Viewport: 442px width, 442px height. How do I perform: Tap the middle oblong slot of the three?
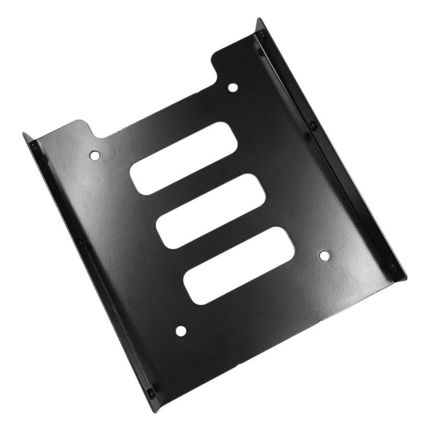212,211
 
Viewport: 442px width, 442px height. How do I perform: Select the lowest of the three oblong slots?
239,266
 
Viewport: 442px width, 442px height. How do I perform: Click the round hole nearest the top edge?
232,88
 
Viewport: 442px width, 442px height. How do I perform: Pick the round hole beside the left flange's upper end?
94,155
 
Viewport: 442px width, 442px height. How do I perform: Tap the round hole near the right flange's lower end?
324,256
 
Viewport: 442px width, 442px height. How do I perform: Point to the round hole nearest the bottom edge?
181,331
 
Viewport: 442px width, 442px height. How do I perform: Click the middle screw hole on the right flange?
312,126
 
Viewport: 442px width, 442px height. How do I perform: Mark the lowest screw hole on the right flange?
392,266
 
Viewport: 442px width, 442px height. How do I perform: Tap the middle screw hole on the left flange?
81,243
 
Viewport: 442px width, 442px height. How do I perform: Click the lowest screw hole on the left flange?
150,392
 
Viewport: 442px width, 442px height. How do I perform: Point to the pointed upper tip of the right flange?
260,19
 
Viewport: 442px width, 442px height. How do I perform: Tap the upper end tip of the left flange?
24,134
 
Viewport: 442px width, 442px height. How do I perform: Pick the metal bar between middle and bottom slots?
225,239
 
